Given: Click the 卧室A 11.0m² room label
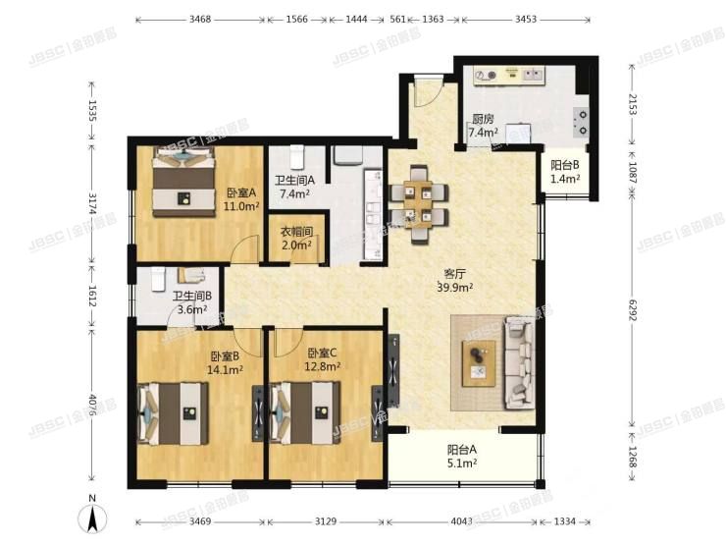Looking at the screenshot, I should (x=240, y=199).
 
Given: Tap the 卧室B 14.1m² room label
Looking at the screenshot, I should (x=225, y=363).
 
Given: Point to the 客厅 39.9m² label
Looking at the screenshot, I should (x=455, y=281).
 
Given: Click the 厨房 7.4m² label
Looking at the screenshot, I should (x=482, y=126).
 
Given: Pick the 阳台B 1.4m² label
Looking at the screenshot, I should (x=565, y=173).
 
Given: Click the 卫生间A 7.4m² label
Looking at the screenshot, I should (x=294, y=188).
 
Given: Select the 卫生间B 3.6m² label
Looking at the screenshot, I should (x=192, y=303).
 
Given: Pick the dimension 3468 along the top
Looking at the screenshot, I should (x=199, y=19).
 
